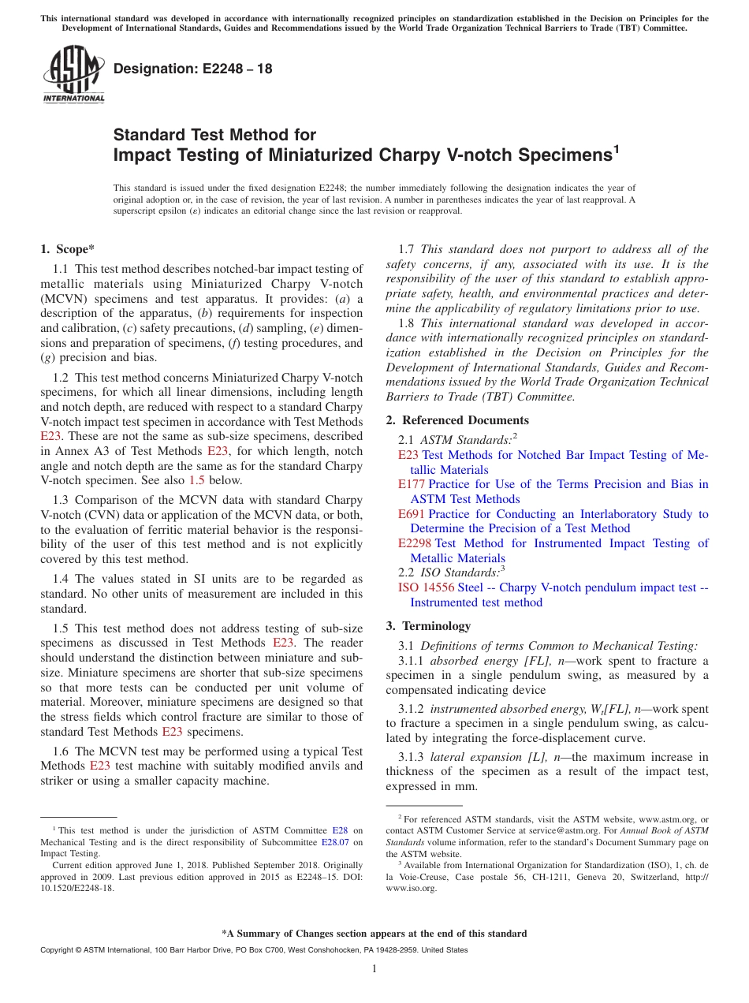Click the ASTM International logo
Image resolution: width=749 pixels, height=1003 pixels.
[x=73, y=75]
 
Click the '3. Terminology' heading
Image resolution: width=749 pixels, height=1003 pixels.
[x=428, y=626]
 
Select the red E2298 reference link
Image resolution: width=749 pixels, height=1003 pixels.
[x=415, y=543]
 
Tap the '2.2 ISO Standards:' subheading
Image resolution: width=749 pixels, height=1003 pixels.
[x=451, y=572]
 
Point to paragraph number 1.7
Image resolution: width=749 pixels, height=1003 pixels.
[x=408, y=249]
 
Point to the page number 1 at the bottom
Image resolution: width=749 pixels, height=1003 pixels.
[x=374, y=969]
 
